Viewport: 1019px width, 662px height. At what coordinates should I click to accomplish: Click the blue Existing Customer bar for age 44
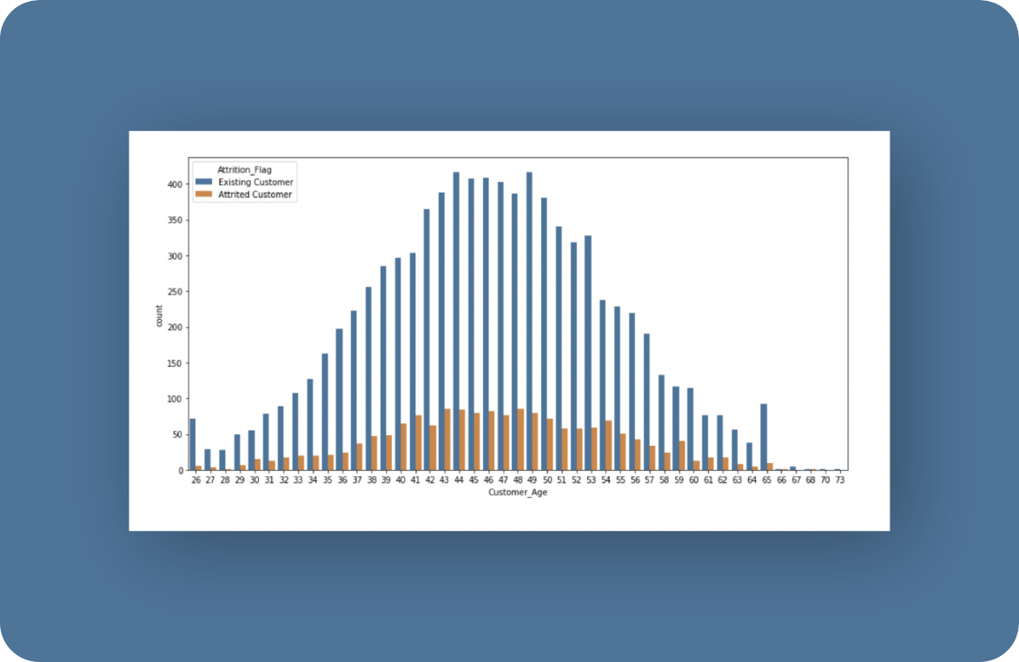[x=456, y=321]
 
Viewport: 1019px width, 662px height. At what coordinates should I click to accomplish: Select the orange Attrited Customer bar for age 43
[x=447, y=440]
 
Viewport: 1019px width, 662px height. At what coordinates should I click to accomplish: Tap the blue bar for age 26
[x=192, y=444]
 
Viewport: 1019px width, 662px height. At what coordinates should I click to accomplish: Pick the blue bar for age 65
[x=764, y=437]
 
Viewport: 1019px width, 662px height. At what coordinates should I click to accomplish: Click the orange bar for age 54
[x=608, y=446]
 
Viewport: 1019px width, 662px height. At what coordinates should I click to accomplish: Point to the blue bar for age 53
[x=588, y=353]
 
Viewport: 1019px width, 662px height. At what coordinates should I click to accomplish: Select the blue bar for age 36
[x=340, y=400]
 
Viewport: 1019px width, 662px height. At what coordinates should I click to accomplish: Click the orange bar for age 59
[x=682, y=455]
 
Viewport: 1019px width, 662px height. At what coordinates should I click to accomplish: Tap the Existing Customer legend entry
[x=244, y=182]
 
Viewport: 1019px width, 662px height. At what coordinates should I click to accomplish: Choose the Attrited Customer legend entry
[x=244, y=195]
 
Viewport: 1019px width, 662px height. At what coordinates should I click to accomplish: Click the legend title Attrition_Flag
[x=244, y=169]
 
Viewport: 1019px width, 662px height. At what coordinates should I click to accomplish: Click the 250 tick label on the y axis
[x=175, y=292]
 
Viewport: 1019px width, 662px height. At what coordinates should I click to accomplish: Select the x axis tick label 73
[x=840, y=480]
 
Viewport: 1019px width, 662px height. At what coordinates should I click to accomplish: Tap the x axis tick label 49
[x=533, y=480]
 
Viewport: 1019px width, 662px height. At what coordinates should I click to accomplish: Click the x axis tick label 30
[x=255, y=480]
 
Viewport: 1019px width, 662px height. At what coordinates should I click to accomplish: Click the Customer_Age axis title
[x=518, y=493]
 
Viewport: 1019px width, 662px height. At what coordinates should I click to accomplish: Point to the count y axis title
[x=159, y=315]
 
